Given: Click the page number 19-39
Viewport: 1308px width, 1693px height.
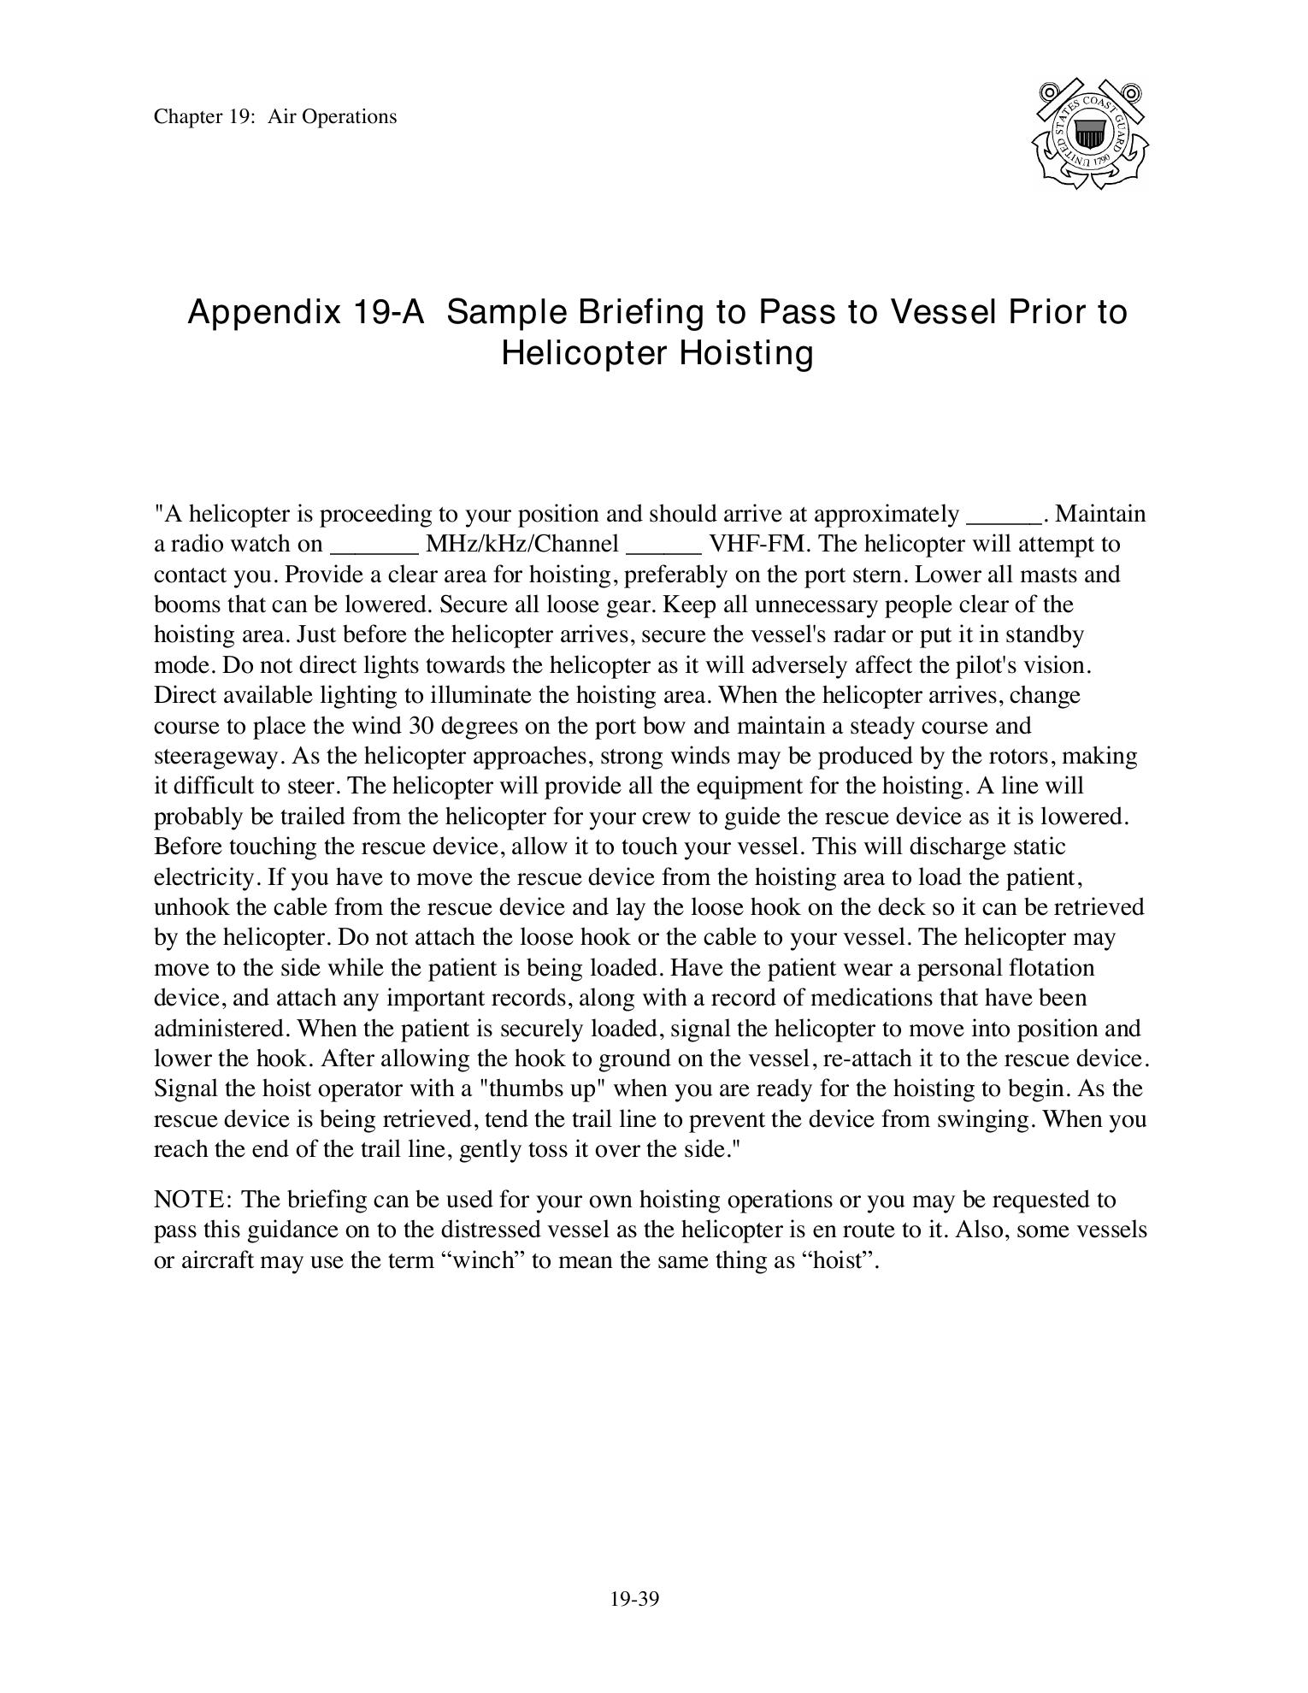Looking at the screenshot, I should (634, 1599).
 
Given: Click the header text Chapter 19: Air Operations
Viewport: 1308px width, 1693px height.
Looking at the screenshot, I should (275, 116).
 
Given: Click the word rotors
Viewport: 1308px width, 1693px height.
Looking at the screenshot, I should (1022, 757).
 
